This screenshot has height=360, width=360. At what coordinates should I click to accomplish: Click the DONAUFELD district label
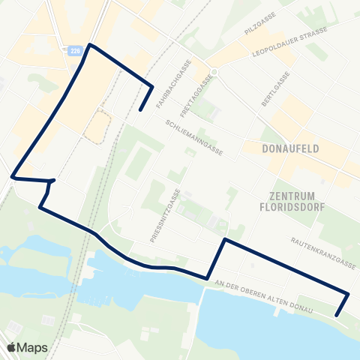coord(292,148)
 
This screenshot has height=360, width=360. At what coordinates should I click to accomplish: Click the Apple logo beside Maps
coord(11,348)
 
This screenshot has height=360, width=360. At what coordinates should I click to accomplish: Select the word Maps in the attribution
coord(34,348)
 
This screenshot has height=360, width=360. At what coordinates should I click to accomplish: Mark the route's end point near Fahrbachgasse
coord(140,111)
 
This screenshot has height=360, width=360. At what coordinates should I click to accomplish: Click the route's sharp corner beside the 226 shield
coord(91,45)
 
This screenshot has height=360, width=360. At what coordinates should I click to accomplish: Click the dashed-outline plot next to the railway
coord(97,127)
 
